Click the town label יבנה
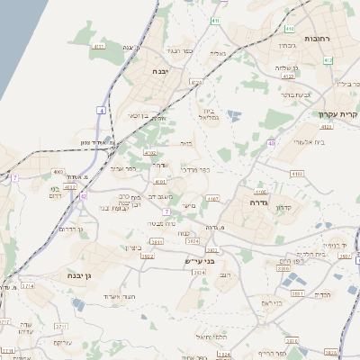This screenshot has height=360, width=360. click(x=161, y=70)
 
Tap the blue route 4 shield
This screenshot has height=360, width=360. click(x=103, y=110)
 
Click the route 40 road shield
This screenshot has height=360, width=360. click(x=271, y=142)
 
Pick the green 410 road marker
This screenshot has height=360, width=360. click(x=290, y=30)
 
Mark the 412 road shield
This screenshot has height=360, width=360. click(x=328, y=60)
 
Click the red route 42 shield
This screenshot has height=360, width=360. click(x=83, y=195)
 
